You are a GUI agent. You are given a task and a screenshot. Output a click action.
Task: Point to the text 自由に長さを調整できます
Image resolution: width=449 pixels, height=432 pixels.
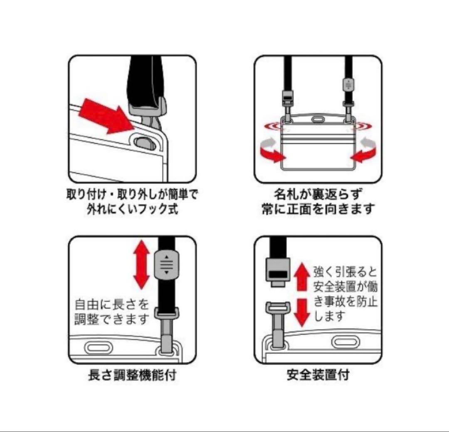[111, 312]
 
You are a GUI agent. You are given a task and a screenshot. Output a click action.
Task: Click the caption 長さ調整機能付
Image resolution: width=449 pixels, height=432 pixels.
[132, 375]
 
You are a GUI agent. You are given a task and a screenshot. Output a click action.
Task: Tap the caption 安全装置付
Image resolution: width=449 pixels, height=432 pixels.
[318, 375]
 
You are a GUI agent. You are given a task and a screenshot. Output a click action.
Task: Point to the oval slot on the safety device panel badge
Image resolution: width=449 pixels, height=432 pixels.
[345, 341]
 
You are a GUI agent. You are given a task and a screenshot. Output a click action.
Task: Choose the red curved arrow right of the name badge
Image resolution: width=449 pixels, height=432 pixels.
[363, 152]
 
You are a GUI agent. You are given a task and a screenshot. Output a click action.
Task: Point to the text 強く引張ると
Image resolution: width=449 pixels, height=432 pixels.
[345, 272]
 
